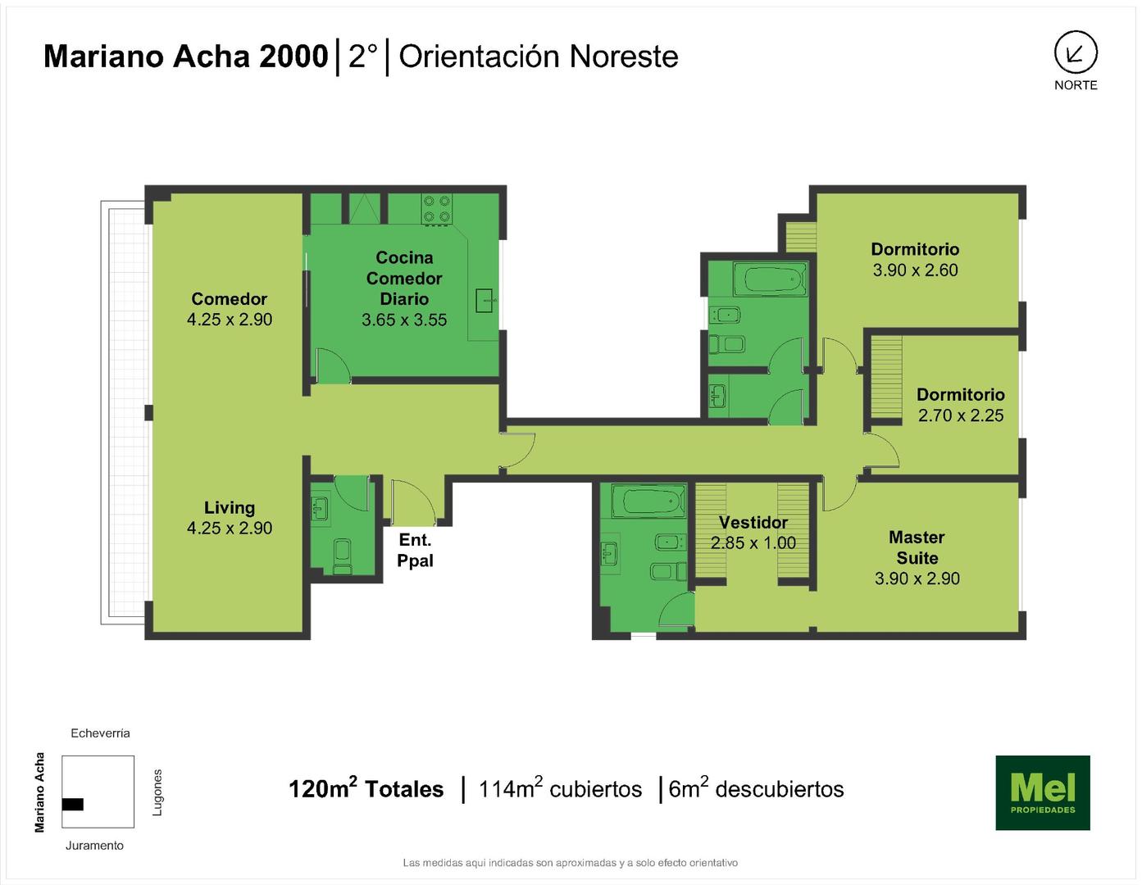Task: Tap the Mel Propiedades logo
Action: pyautogui.click(x=1043, y=792)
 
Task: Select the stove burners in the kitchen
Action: pyautogui.click(x=437, y=208)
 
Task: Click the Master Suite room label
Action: pyautogui.click(x=917, y=547)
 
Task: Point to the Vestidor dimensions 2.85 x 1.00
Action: pyautogui.click(x=753, y=542)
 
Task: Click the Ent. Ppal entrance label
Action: pyautogui.click(x=415, y=550)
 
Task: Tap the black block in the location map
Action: pyautogui.click(x=72, y=804)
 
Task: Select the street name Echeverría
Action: pyautogui.click(x=100, y=733)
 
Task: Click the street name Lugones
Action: pyautogui.click(x=157, y=792)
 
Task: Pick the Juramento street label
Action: pyautogui.click(x=94, y=845)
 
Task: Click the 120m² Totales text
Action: pyautogui.click(x=366, y=788)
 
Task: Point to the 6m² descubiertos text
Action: pyautogui.click(x=756, y=788)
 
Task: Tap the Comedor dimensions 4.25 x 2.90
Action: pyautogui.click(x=230, y=320)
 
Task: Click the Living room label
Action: pyautogui.click(x=230, y=507)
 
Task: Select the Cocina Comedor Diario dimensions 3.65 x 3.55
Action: pyautogui.click(x=404, y=320)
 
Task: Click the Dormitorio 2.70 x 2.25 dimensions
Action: pyautogui.click(x=961, y=415)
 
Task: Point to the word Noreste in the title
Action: pyautogui.click(x=624, y=57)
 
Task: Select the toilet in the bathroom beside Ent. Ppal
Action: pyautogui.click(x=343, y=556)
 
